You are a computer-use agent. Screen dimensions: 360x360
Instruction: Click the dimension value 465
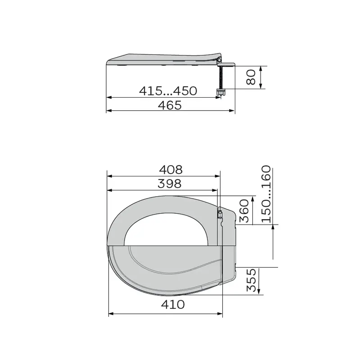(170, 105)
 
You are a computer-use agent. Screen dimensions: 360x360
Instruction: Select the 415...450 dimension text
(168, 91)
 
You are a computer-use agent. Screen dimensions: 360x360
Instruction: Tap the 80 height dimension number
(251, 77)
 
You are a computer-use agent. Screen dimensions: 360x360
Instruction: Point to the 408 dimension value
(171, 170)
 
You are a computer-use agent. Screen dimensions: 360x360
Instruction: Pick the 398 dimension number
(170, 184)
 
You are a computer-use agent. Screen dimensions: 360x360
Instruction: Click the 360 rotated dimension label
(244, 211)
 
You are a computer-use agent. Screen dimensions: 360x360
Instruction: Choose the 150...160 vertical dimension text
(266, 194)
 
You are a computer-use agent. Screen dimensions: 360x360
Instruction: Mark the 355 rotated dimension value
(251, 280)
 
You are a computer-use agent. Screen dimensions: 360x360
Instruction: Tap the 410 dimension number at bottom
(173, 305)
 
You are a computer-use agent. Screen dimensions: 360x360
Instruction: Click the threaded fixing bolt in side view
(221, 77)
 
